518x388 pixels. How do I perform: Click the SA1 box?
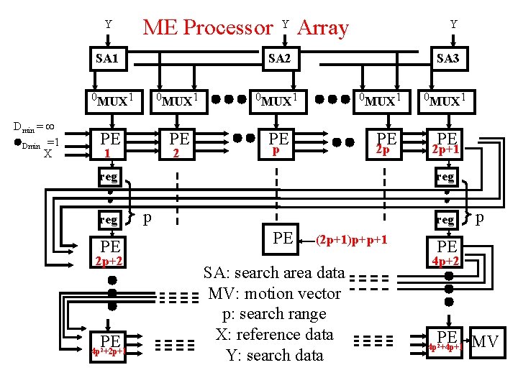click(107, 58)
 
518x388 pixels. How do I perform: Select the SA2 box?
click(278, 58)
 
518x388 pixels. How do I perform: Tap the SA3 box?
click(447, 58)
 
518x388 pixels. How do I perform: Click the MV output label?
click(485, 341)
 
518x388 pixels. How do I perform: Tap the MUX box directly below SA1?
click(108, 100)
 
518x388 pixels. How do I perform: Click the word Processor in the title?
click(228, 27)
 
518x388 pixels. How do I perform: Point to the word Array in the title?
click(322, 27)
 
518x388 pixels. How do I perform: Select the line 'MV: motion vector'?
click(274, 294)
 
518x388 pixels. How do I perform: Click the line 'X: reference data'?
click(274, 335)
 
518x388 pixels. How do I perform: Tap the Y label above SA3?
click(453, 24)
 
